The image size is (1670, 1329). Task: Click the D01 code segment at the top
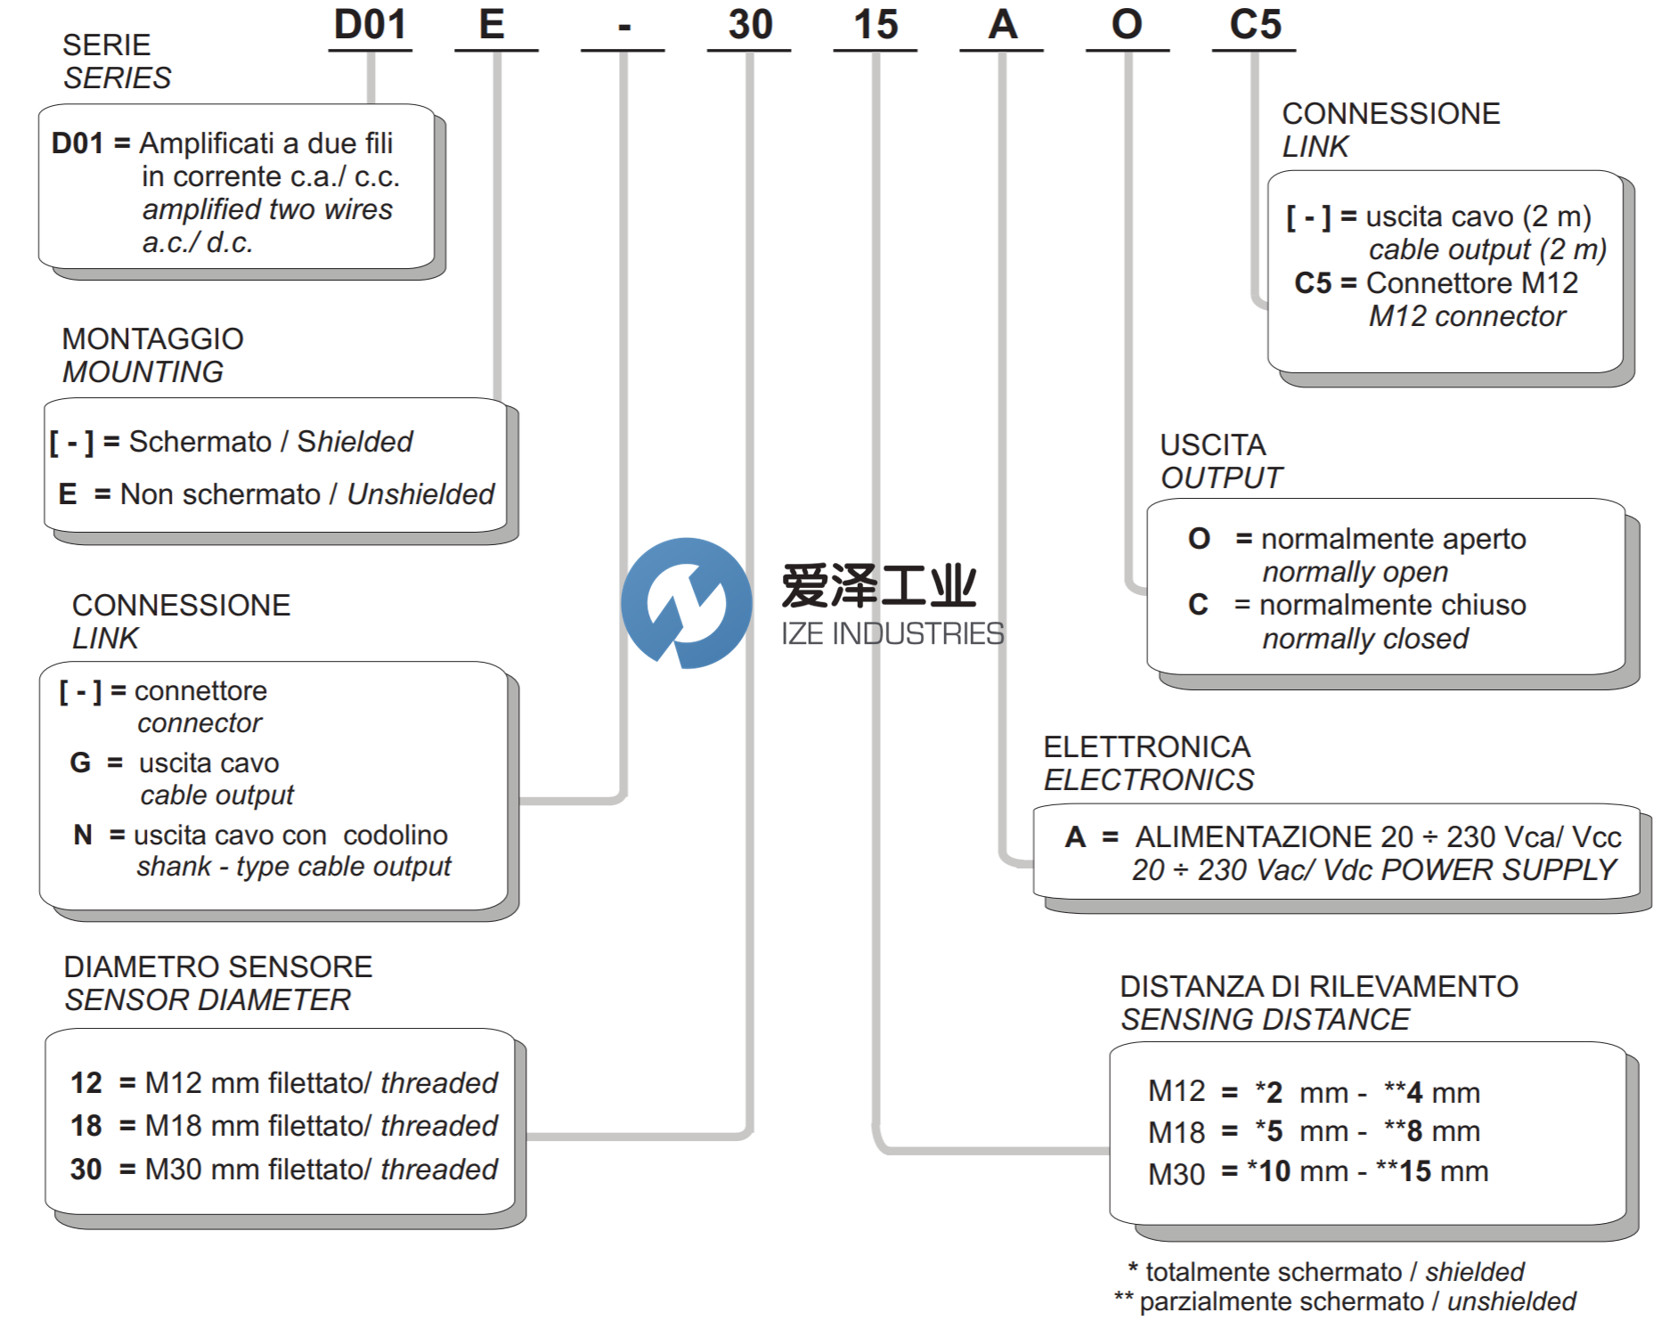370,25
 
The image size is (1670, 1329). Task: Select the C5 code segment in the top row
1254,25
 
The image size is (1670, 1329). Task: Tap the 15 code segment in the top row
876,25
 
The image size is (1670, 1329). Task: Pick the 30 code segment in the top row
749,25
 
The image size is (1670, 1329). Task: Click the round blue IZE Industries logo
686,603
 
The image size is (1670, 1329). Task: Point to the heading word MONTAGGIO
152,339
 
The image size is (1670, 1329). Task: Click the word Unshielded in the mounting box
420,494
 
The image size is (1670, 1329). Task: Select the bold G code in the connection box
80,763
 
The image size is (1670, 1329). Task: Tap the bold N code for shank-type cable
83,836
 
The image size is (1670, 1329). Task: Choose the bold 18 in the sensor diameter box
86,1126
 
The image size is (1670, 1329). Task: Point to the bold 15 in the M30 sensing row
1415,1171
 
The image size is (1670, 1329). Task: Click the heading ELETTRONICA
1146,747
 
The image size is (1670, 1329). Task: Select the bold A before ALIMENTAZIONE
1075,837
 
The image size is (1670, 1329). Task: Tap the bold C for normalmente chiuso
1198,606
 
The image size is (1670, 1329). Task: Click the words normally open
1355,573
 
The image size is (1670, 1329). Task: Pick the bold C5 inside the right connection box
1312,283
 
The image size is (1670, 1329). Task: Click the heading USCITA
1212,445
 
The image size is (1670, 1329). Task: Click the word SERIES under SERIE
117,78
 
